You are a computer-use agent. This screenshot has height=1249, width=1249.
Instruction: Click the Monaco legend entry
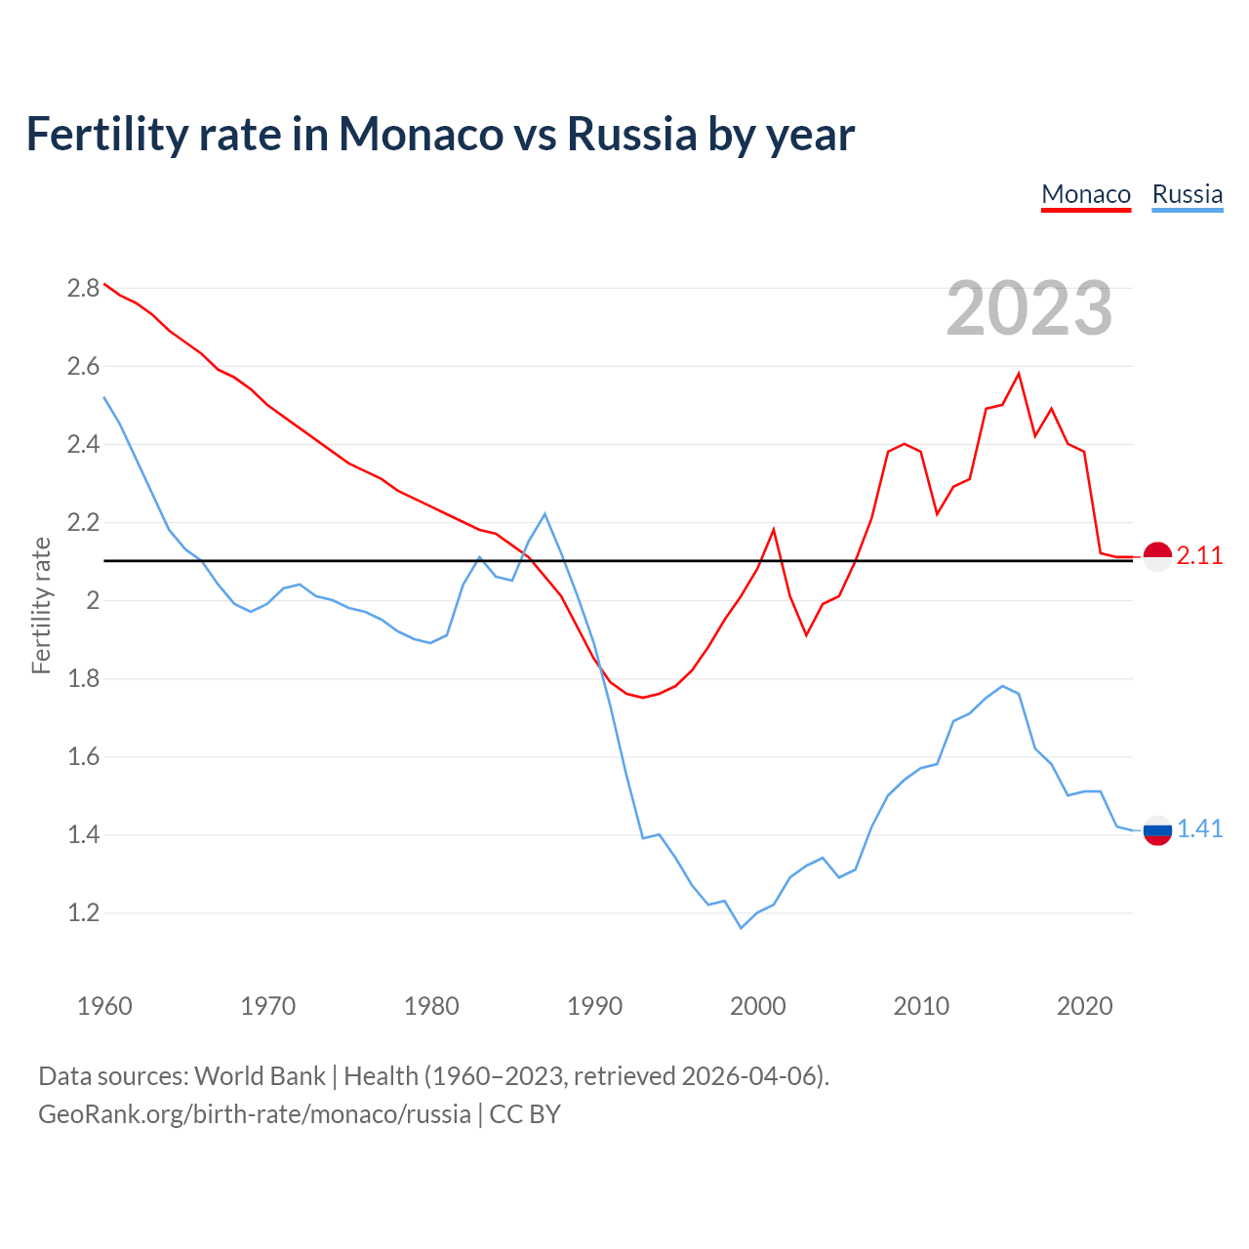click(x=1086, y=194)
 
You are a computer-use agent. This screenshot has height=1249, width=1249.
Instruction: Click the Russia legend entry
click(x=1187, y=194)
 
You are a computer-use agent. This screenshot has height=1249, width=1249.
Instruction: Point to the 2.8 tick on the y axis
click(x=83, y=288)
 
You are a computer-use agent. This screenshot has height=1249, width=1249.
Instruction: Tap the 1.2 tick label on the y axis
click(x=83, y=913)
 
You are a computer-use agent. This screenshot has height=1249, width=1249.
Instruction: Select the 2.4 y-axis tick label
click(x=83, y=445)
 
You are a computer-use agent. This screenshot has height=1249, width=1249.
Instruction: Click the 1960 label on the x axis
click(x=104, y=1006)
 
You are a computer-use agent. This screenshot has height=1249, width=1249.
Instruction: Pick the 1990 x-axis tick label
click(x=594, y=1006)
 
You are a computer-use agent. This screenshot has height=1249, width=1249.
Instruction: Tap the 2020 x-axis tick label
click(x=1084, y=1006)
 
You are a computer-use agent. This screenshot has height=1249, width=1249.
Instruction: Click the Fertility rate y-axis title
click(x=41, y=605)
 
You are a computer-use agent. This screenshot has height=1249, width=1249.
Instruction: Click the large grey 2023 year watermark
click(x=1029, y=308)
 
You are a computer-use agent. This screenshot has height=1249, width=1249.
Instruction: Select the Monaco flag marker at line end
click(x=1157, y=556)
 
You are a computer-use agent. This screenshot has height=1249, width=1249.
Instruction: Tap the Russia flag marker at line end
click(x=1157, y=830)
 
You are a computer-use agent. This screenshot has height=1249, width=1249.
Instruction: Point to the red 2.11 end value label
click(x=1199, y=556)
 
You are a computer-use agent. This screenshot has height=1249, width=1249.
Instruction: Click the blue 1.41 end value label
click(x=1199, y=829)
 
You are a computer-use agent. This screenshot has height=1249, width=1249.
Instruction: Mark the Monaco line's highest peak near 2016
click(x=1019, y=374)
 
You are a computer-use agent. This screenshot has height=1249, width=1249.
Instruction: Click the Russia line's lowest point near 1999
click(x=741, y=928)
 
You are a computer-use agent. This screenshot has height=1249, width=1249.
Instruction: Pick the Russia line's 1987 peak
click(x=544, y=514)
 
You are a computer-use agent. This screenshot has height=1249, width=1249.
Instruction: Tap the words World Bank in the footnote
click(x=260, y=1076)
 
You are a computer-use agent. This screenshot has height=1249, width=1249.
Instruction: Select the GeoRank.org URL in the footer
click(x=255, y=1114)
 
